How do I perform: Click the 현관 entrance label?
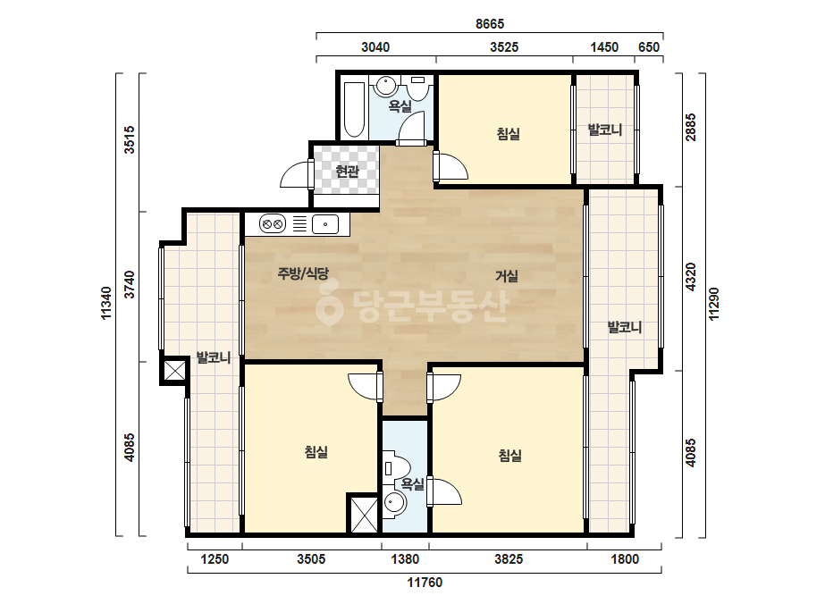tap(348, 171)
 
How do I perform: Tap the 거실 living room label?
tap(507, 276)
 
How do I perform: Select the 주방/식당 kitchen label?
tap(303, 273)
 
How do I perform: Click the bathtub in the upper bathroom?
tap(354, 109)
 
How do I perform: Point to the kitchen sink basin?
tap(325, 224)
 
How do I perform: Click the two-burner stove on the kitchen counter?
tap(273, 224)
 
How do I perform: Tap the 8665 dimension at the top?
tap(490, 23)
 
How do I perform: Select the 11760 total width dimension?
tap(425, 583)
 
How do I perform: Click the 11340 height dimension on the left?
tap(106, 303)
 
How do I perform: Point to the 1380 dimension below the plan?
tap(405, 558)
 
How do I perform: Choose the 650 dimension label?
tap(649, 46)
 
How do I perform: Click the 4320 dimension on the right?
tap(690, 277)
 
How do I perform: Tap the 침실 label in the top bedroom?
tap(509, 133)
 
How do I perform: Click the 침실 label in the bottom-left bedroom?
tap(316, 451)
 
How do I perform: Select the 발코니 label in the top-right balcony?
tap(605, 130)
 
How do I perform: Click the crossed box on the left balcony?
tap(174, 371)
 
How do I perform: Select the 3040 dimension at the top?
tap(375, 46)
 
